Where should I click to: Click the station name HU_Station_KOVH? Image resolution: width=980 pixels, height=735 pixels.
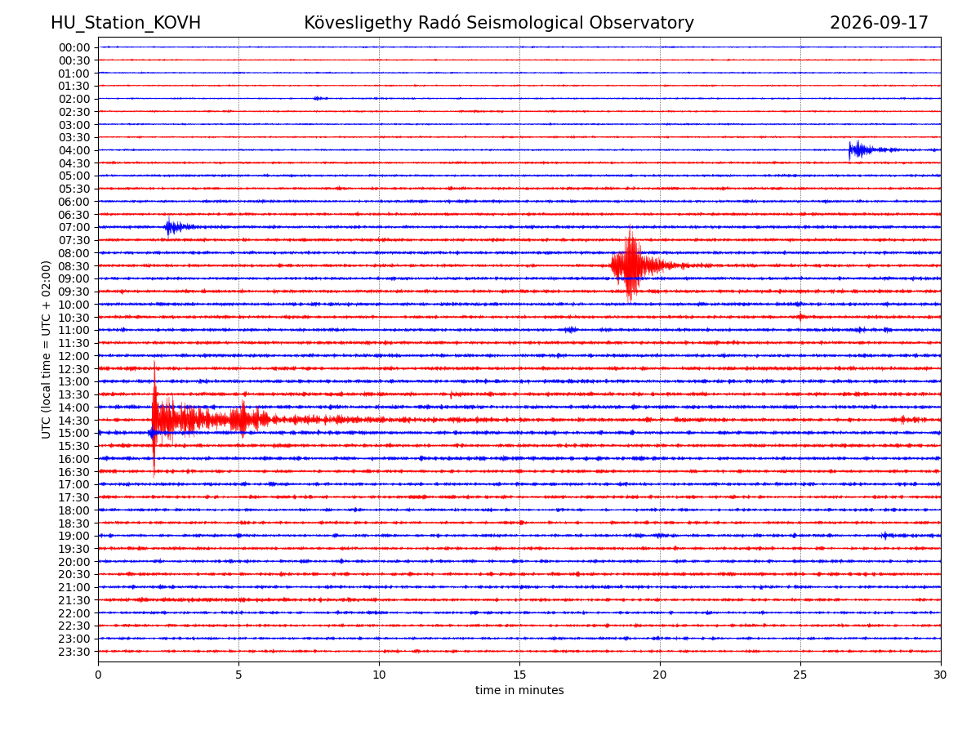(x=126, y=23)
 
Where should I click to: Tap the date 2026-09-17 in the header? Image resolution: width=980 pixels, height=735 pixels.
(x=879, y=23)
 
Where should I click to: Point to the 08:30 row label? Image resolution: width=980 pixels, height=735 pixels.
(x=74, y=266)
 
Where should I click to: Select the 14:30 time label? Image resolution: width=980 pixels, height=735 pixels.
(x=74, y=421)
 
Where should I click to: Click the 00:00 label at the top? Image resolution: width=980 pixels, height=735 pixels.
(x=74, y=47)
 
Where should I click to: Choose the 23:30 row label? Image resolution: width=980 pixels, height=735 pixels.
(x=74, y=652)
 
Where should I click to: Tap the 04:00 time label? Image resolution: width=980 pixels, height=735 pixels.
(x=74, y=151)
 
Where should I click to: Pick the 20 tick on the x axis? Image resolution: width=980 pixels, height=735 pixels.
(x=659, y=675)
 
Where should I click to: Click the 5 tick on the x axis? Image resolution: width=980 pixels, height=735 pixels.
(x=238, y=675)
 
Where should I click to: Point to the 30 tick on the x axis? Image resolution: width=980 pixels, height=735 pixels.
(x=940, y=675)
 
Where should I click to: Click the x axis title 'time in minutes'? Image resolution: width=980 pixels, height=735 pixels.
(x=519, y=690)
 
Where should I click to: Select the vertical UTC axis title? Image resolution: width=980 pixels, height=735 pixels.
(x=46, y=350)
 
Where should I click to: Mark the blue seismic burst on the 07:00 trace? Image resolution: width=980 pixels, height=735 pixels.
(x=178, y=227)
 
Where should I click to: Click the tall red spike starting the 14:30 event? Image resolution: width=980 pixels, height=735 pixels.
(x=154, y=419)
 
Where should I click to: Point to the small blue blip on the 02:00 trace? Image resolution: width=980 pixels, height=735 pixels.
(x=320, y=98)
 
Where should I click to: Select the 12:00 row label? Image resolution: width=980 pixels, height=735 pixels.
(x=74, y=357)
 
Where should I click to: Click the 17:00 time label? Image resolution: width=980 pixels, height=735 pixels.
(x=74, y=484)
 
